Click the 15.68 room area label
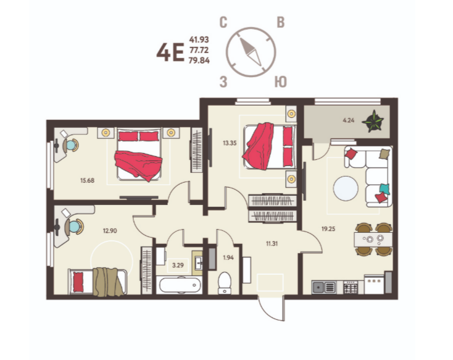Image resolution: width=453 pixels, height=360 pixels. point(87,181)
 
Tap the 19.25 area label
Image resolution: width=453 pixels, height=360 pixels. point(328,229)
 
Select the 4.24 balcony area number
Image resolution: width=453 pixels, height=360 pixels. point(349,120)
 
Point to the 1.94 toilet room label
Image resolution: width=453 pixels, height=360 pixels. point(228,257)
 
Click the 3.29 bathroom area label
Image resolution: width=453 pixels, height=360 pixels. point(178,265)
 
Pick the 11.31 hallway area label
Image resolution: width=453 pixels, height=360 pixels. point(272,244)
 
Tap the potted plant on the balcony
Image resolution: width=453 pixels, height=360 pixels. point(373,121)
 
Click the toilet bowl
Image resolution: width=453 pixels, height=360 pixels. point(225,283)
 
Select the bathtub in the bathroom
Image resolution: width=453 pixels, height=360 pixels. point(180,285)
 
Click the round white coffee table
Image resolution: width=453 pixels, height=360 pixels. point(346,188)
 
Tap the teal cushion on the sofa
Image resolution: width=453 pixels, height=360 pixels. point(384,189)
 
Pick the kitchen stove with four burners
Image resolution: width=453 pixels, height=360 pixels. point(351,287)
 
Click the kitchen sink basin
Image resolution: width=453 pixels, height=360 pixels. point(319,287)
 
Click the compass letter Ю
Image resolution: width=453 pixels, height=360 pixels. point(281,82)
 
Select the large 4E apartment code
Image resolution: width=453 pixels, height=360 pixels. point(170,52)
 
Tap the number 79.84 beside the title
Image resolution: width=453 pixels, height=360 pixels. point(199,61)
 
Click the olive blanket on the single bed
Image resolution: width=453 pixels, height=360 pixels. point(108,282)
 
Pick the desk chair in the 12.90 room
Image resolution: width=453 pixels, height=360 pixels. point(75,227)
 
